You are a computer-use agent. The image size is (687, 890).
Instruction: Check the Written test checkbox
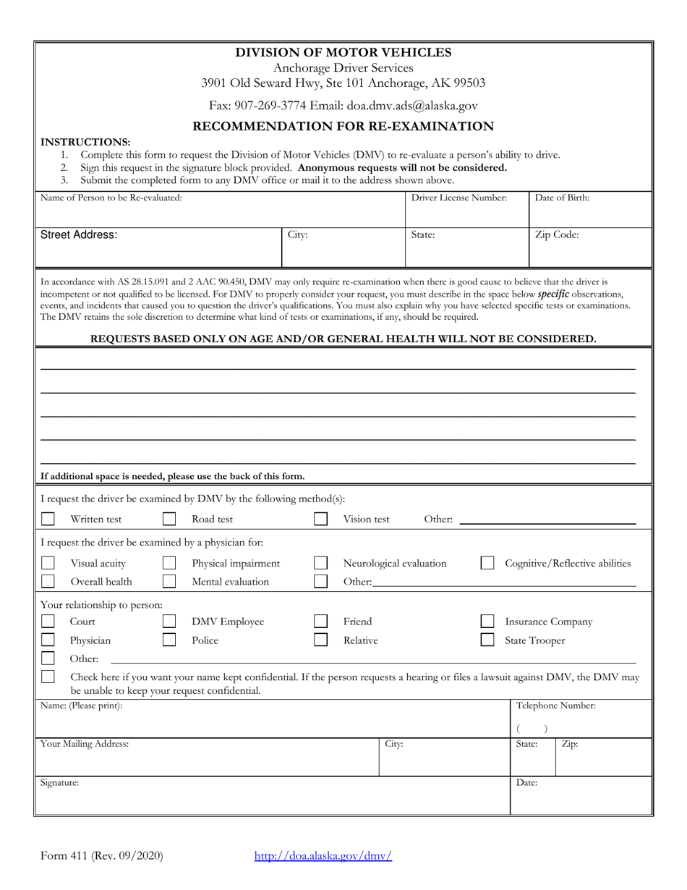coord(48,519)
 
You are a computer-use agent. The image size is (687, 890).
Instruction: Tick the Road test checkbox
coord(169,519)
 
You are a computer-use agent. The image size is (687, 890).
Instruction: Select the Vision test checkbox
coord(320,519)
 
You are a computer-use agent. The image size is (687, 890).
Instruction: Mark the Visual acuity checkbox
coord(48,563)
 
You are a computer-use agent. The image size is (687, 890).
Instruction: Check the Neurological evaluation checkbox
coord(320,563)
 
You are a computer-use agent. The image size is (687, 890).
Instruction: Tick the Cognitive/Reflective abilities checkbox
coord(488,563)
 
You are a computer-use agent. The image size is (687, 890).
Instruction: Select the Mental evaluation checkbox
coord(169,581)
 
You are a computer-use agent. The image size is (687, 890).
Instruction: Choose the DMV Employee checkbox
coord(169,622)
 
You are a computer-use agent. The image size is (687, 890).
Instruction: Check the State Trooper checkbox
coord(488,640)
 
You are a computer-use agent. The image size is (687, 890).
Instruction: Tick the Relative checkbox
coord(320,640)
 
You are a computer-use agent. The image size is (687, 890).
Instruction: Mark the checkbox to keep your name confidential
coord(48,677)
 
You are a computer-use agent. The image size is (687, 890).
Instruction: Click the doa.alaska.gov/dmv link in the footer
coord(323,856)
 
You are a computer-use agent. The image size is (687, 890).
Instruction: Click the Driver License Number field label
coord(459,198)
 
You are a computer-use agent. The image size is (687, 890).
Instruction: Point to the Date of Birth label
coord(562,198)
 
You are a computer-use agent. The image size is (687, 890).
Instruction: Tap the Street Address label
coord(78,235)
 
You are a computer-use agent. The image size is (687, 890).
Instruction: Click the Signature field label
coord(59,783)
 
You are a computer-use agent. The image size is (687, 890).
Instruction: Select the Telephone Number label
coord(555,705)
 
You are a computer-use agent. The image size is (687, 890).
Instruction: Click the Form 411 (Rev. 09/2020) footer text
coord(102,856)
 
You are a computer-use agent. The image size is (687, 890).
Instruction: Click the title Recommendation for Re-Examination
coord(343,127)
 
